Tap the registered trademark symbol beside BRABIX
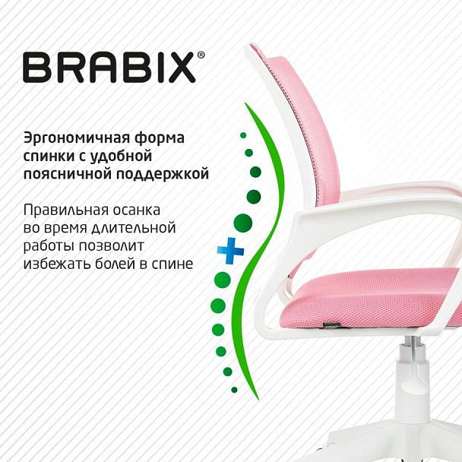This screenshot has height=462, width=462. click(x=201, y=55)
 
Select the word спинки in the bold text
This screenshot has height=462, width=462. click(x=47, y=157)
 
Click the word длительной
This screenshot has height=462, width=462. click(x=138, y=228)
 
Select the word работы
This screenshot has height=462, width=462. click(x=49, y=246)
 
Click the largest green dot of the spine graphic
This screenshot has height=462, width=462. click(x=242, y=223)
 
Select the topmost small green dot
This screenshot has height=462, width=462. click(x=243, y=135)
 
